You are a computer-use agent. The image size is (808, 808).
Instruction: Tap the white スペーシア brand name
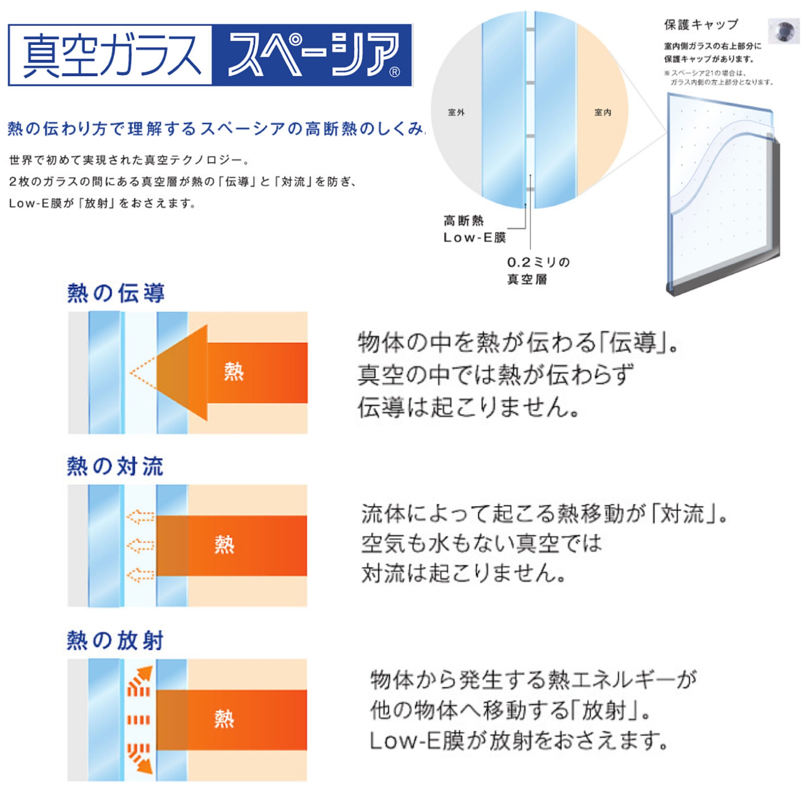[307, 55]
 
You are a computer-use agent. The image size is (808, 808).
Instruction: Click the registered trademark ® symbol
[395, 72]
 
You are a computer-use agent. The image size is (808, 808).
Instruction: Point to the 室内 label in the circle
[603, 112]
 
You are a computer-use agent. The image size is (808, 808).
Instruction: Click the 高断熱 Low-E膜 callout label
[475, 229]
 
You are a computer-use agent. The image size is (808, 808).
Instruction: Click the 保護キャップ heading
[701, 25]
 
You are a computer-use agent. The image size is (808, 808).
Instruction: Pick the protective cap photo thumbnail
[784, 31]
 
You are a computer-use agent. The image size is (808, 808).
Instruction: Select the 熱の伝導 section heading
[116, 293]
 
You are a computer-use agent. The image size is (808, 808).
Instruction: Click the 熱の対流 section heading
[115, 466]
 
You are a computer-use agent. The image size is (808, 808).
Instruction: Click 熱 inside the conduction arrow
[234, 372]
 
